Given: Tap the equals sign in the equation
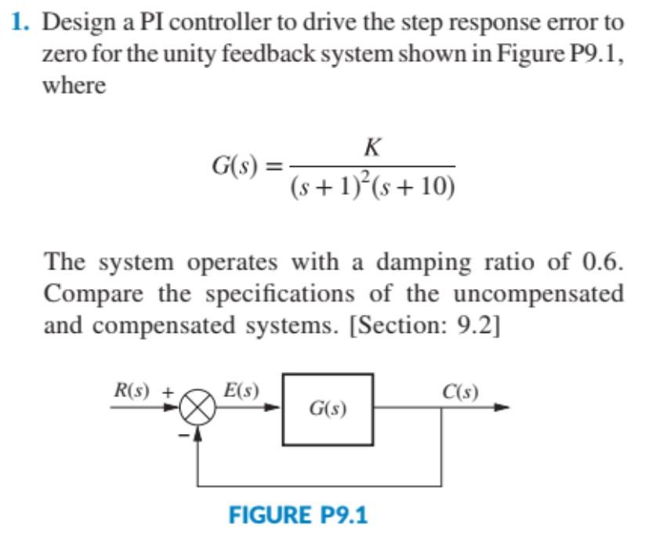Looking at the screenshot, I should coord(273,167).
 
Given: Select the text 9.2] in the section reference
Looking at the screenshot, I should coord(479,326).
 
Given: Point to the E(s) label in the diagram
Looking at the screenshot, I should coord(241,389).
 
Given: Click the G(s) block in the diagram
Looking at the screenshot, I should coord(328,409).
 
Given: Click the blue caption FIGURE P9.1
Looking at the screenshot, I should coord(298,515).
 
